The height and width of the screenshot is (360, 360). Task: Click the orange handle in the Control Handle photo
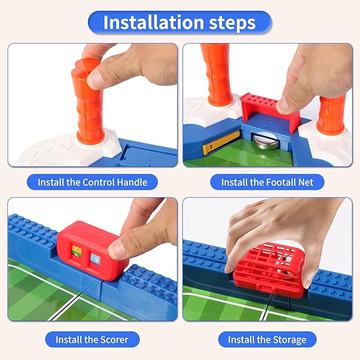89,106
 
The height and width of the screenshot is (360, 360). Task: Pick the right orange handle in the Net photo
332,114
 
